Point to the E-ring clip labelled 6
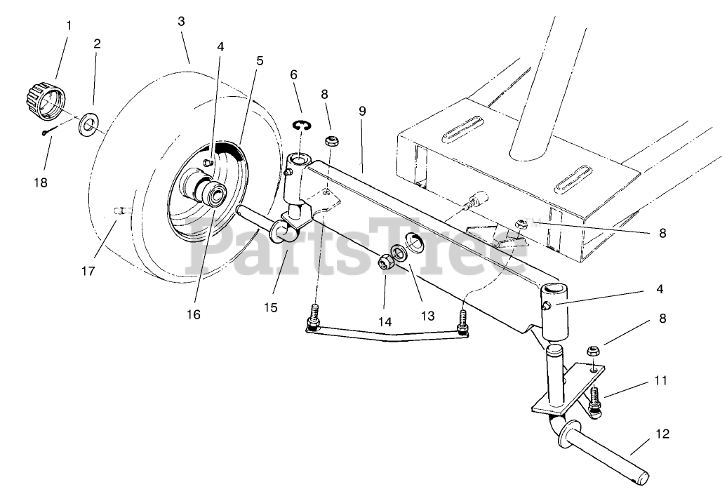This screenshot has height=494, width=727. pyautogui.click(x=302, y=125)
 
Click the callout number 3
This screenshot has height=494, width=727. pyautogui.click(x=181, y=21)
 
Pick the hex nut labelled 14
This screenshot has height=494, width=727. pyautogui.click(x=386, y=263)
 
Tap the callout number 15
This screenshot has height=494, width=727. pyautogui.click(x=270, y=307)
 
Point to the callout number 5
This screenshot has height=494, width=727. pyautogui.click(x=260, y=60)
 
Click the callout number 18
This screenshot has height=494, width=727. pyautogui.click(x=40, y=182)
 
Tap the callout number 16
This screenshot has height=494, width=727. pyautogui.click(x=193, y=314)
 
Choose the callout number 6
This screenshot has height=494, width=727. pyautogui.click(x=293, y=74)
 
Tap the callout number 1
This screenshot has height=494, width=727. pyautogui.click(x=69, y=25)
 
